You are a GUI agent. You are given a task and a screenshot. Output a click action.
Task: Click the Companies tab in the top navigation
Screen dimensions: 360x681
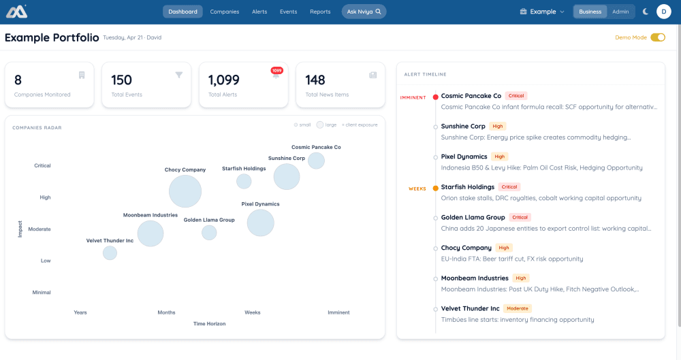coord(224,12)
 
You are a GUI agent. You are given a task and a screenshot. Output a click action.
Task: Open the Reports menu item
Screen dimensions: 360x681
coord(320,12)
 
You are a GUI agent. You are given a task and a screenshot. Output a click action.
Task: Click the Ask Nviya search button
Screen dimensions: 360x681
coord(364,12)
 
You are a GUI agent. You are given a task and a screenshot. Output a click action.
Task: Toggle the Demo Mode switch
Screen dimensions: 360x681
coord(658,37)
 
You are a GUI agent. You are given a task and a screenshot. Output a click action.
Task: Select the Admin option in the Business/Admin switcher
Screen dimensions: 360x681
coord(620,12)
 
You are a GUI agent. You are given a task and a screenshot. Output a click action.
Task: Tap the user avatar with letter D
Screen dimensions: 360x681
coord(663,12)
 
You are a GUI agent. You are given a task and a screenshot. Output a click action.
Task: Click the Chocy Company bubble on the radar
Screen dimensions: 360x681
coord(185,191)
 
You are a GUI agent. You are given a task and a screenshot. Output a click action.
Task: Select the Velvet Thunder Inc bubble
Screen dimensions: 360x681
coord(110,253)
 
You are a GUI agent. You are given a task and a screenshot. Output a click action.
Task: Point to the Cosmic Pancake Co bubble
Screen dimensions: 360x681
coord(316,161)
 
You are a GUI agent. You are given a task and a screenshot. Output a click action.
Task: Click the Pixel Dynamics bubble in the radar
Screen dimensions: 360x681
coord(260,223)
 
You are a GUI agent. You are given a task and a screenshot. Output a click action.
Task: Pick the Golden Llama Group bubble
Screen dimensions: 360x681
coord(209,233)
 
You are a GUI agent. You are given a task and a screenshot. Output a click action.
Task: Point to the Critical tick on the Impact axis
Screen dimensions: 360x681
coord(42,165)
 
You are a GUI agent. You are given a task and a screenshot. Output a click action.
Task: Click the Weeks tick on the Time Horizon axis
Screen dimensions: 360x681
coord(253,312)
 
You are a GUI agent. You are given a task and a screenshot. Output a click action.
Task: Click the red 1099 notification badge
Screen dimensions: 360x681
coord(276,70)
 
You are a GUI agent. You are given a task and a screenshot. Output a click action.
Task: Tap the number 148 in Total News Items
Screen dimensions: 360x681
coord(315,80)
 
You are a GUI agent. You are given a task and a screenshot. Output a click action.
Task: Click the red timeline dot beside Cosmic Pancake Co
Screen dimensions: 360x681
coord(435,97)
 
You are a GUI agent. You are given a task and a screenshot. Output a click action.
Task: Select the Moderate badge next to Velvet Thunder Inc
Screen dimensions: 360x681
coord(518,308)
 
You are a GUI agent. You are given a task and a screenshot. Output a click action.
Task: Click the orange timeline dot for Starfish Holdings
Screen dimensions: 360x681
coord(435,189)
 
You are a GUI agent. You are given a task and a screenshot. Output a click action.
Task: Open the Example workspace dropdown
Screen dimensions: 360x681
coord(542,12)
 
